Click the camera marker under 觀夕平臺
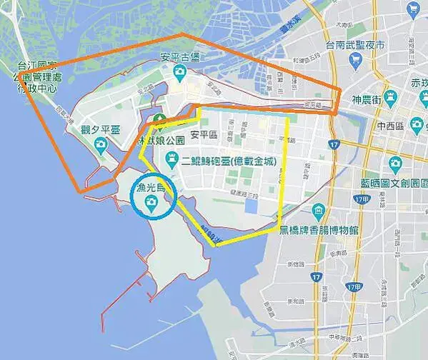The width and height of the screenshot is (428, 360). (101, 144)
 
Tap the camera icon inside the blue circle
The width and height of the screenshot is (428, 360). (151, 204)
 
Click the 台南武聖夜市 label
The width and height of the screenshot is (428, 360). (360, 45)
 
